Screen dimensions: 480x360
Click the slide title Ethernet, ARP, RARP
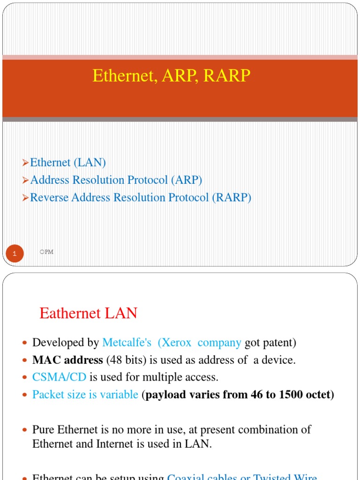[x=172, y=75]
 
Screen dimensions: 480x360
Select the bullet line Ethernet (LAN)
[x=68, y=163]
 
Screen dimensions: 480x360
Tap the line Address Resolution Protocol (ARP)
[x=116, y=180]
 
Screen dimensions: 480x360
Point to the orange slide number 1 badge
[x=15, y=254]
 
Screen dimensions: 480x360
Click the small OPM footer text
[x=47, y=252]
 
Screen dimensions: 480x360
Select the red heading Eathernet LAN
[x=88, y=313]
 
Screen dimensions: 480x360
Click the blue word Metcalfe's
[x=127, y=343]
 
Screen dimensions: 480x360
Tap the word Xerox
[x=177, y=343]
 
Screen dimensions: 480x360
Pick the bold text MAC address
[x=67, y=360]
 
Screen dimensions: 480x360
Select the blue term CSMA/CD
[x=60, y=377]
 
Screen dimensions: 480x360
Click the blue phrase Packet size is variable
[x=85, y=394]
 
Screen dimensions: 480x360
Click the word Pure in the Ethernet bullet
[x=43, y=429]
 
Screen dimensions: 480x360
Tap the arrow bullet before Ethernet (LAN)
[x=26, y=163]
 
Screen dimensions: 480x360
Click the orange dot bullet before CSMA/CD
[x=25, y=378]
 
